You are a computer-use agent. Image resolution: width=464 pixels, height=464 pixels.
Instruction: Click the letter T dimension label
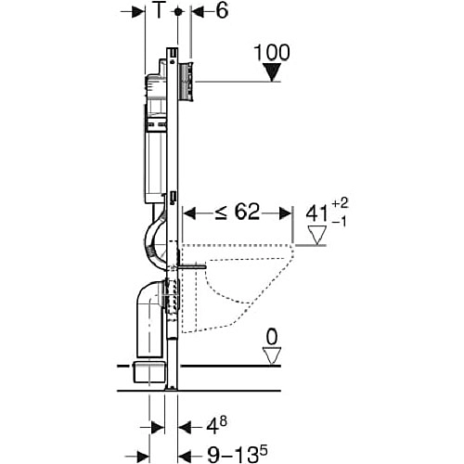[159, 11]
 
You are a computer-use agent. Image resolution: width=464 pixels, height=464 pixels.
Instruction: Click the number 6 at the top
[222, 11]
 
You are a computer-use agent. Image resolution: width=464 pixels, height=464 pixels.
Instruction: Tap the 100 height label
[272, 53]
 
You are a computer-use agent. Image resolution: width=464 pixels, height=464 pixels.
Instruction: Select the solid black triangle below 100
[272, 72]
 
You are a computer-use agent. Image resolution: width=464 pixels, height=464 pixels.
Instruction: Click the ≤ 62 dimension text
[238, 213]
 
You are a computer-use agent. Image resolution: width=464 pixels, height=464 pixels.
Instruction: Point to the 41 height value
[316, 213]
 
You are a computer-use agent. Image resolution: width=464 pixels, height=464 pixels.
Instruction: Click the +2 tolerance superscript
[340, 203]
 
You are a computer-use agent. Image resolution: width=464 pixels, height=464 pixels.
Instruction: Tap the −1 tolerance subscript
[340, 222]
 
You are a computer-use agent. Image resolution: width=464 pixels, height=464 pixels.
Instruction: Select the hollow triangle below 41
[317, 235]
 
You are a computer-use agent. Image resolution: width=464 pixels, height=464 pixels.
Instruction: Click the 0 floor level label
[272, 337]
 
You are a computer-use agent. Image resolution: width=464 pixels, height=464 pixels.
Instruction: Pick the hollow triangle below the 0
[272, 356]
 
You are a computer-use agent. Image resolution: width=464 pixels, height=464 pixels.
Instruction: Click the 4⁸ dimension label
[216, 426]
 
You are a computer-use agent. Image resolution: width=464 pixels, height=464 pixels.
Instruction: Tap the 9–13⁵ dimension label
[237, 455]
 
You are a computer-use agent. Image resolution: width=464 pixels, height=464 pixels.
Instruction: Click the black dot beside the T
[177, 12]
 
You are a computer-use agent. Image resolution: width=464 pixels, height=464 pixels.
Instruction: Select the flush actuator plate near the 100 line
[186, 82]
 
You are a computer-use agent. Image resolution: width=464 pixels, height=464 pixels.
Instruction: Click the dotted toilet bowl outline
[238, 288]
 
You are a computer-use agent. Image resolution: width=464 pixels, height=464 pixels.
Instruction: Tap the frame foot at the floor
[171, 388]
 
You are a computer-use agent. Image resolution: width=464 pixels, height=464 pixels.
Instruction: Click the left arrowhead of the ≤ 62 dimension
[189, 213]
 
